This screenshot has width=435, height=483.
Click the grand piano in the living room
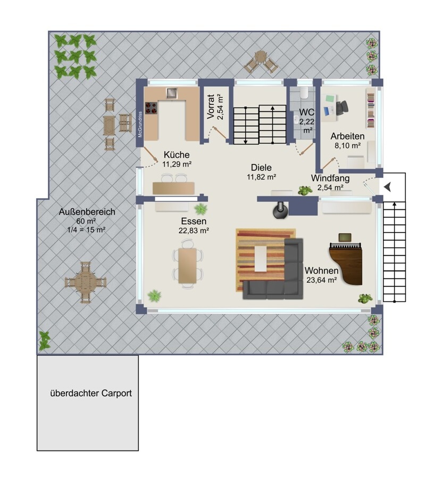click(346, 263)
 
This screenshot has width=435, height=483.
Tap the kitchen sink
click(172, 93)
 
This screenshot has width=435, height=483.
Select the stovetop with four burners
click(151, 108)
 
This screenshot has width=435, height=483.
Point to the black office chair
click(342, 108)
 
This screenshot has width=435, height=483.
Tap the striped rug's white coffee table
click(260, 258)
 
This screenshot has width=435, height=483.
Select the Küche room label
click(177, 154)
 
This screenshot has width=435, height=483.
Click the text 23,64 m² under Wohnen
click(322, 280)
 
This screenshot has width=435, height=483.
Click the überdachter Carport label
click(91, 394)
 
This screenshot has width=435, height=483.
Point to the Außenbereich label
click(87, 212)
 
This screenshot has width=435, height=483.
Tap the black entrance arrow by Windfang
click(387, 187)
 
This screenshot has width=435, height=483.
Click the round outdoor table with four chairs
click(85, 282)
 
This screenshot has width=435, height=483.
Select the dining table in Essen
click(187, 266)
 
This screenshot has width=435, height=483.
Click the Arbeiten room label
click(348, 136)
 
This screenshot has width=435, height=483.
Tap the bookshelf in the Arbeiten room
click(371, 109)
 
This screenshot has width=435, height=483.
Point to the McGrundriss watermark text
click(140, 124)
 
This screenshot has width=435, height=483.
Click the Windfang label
click(330, 178)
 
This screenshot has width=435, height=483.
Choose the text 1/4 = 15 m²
click(87, 230)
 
